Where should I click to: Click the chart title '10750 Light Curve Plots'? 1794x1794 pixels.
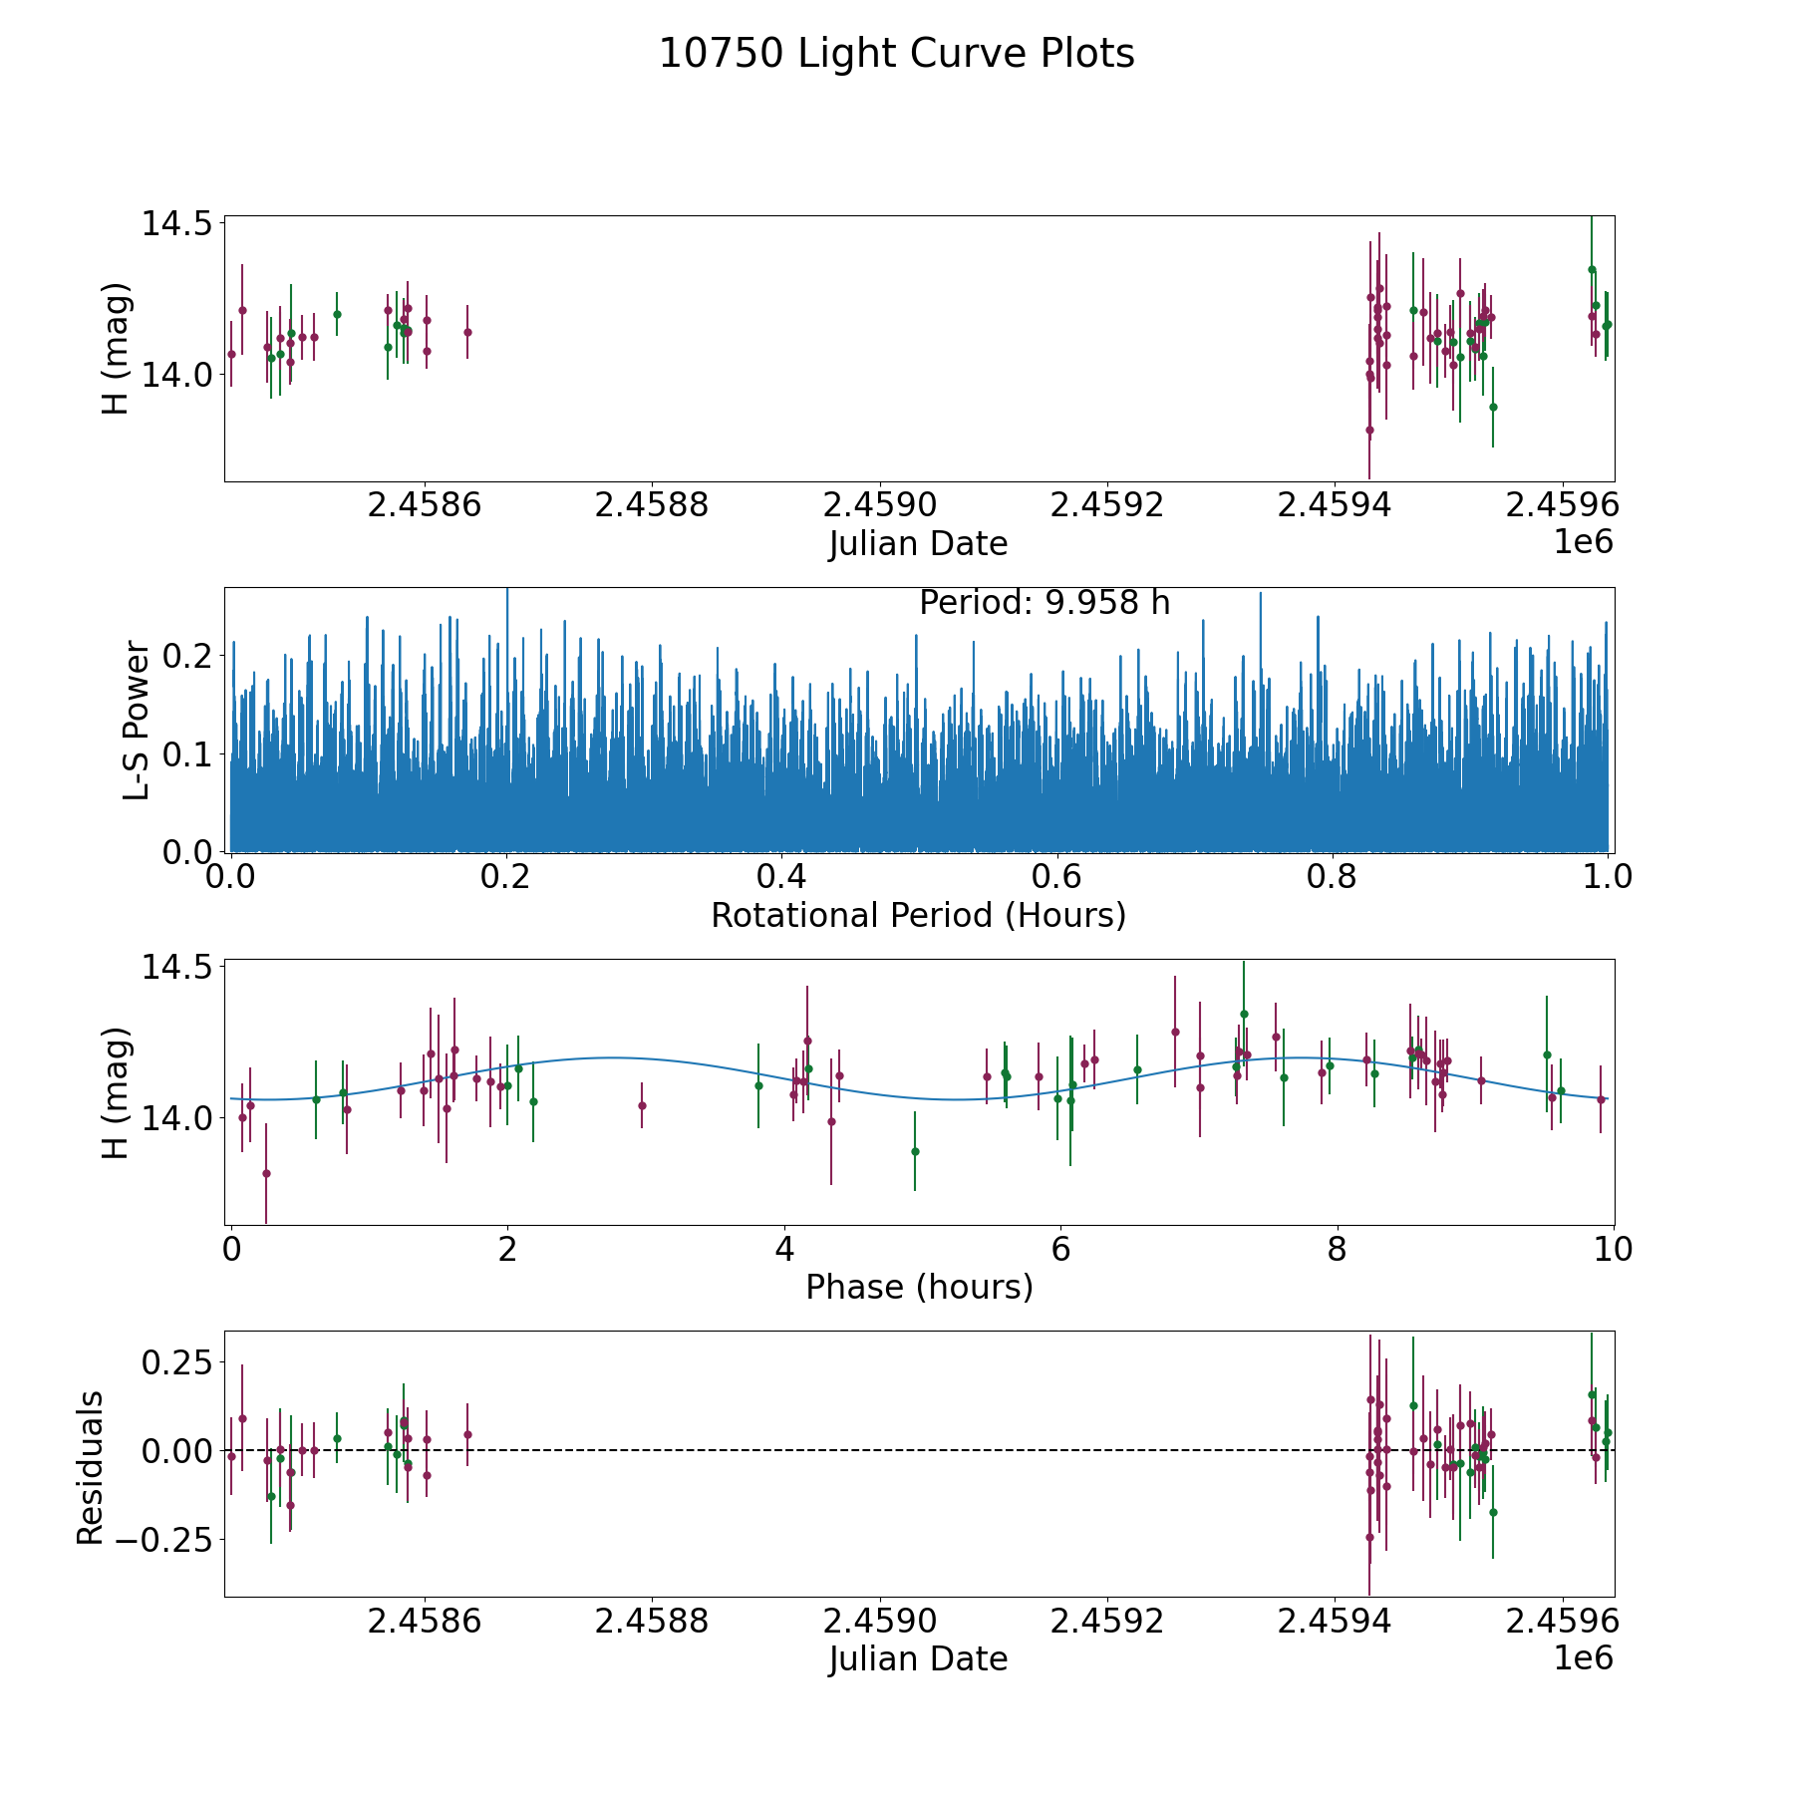coord(896,54)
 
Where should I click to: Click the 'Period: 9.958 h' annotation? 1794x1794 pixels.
coord(1044,603)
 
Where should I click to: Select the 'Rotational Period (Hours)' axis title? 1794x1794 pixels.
coord(918,915)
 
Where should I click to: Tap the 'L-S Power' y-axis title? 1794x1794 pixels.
coord(137,721)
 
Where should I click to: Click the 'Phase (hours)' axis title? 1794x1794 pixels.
coord(918,1287)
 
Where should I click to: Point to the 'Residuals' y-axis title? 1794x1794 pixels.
coord(91,1467)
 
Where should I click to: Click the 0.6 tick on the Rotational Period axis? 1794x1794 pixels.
coord(1056,877)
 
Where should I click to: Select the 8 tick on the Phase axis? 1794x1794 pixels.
coord(1337,1249)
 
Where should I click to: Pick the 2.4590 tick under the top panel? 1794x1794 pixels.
coord(880,505)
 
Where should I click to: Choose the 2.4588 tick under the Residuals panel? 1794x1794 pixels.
coord(652,1622)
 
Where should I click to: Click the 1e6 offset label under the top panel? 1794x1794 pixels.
coord(1583,542)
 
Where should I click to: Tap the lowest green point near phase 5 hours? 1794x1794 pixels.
coord(915,1151)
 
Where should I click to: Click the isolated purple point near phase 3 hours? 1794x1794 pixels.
coord(642,1105)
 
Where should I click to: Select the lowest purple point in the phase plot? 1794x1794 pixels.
coord(266,1173)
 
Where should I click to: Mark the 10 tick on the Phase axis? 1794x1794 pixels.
coord(1613,1249)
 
